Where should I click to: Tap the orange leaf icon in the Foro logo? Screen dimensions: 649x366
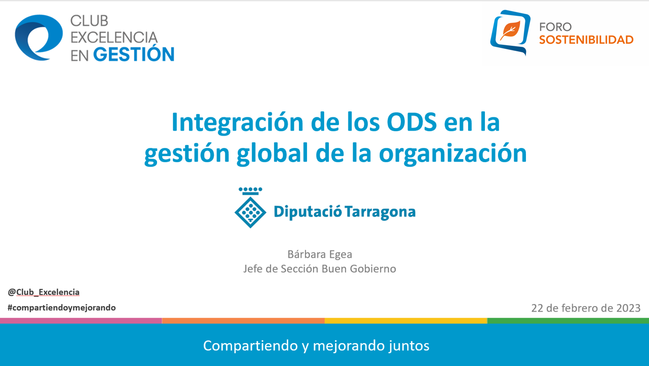click(510, 30)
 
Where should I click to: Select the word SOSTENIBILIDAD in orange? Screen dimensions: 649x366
click(586, 40)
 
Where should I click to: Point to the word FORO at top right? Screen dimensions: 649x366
click(555, 27)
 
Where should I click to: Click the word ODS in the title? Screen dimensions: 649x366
click(412, 122)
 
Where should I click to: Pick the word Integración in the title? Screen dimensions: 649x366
click(237, 123)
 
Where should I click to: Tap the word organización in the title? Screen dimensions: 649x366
click(453, 154)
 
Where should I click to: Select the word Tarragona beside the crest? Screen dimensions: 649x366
click(381, 212)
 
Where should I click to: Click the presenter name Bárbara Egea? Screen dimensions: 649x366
click(320, 254)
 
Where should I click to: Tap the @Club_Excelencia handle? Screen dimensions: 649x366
click(44, 292)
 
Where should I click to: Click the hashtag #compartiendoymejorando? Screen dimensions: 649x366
click(61, 308)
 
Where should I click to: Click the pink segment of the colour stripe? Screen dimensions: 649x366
click(81, 320)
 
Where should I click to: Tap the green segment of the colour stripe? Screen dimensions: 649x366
click(568, 320)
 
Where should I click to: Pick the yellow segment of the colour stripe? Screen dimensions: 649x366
click(406, 320)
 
